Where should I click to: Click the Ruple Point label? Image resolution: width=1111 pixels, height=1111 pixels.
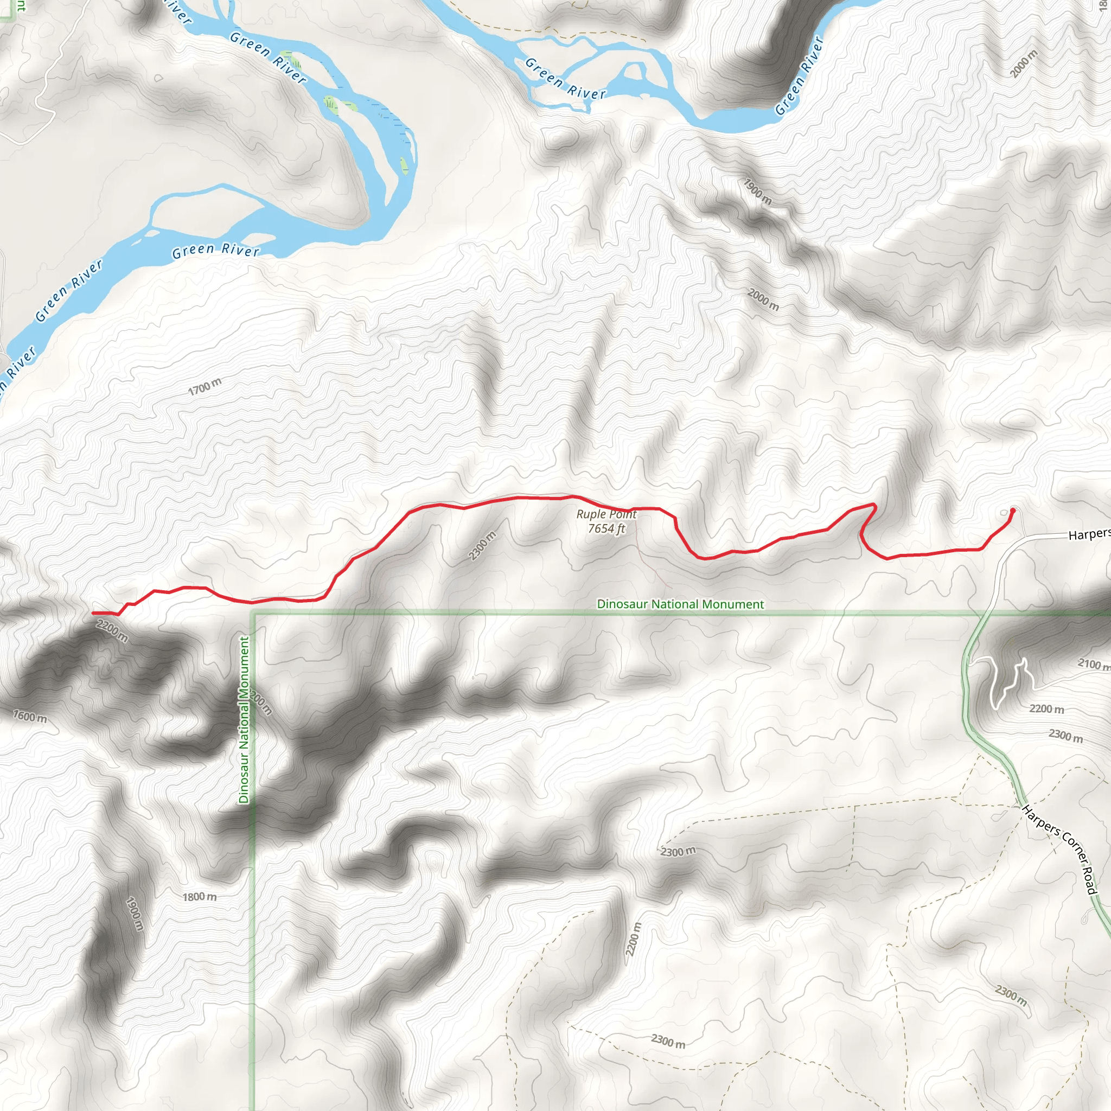pos(606,515)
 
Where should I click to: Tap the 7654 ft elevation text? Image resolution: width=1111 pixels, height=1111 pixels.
pos(606,528)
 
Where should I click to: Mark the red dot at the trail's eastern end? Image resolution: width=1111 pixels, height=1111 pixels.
pos(1013,510)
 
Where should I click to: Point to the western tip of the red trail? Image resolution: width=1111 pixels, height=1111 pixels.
pos(94,613)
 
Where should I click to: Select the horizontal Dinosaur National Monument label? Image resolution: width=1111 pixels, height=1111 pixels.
pos(680,604)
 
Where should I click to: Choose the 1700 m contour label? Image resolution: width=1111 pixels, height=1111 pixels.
pos(205,387)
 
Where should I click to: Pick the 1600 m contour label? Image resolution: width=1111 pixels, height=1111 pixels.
pos(30,717)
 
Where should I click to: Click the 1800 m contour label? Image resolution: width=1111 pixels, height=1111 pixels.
pos(200,897)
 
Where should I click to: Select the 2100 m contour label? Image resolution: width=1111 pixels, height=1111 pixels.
pos(1093,664)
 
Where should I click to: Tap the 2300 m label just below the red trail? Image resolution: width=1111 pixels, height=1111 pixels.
pos(482,546)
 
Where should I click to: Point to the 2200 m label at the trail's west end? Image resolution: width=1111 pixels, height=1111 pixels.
pos(112,631)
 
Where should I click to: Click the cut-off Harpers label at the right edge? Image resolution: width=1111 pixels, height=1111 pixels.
pos(1089,535)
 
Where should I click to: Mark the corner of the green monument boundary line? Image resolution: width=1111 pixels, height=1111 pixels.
pos(253,615)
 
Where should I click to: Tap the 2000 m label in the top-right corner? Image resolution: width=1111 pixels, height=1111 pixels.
pos(1024,63)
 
